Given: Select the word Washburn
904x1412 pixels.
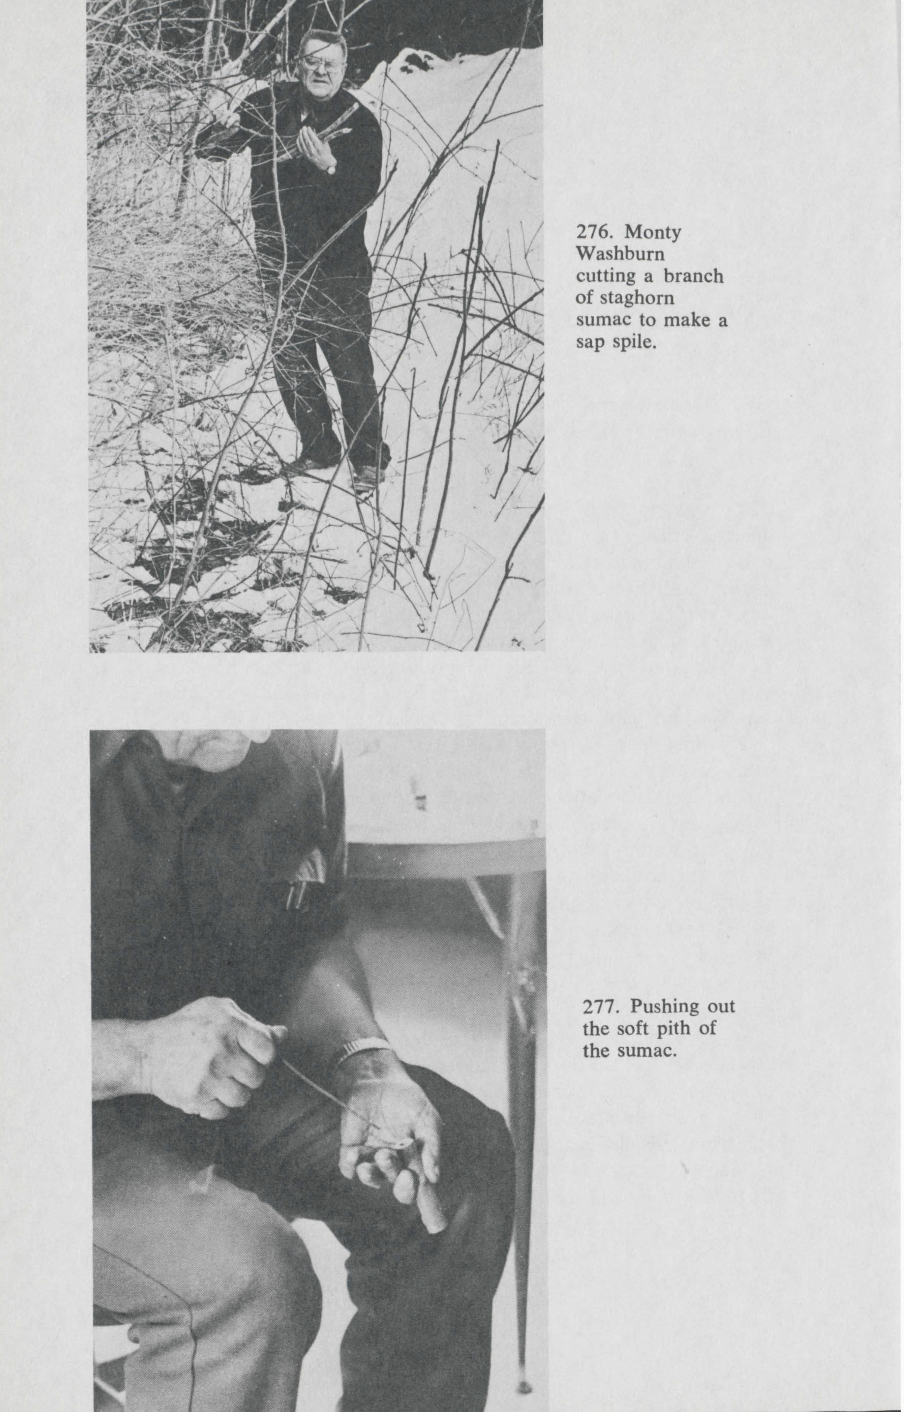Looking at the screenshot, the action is [621, 255].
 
